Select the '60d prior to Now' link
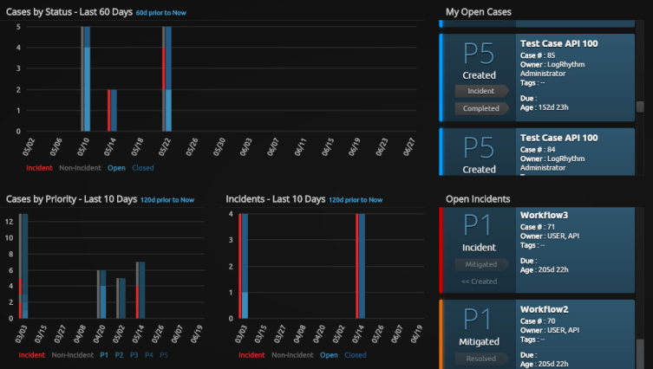(x=165, y=13)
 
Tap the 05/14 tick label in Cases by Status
(x=110, y=145)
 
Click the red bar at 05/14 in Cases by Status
(x=109, y=110)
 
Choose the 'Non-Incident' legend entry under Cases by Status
(x=80, y=168)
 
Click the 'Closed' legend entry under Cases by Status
(x=143, y=168)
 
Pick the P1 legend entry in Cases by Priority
(x=103, y=354)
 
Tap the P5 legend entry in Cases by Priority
(x=165, y=354)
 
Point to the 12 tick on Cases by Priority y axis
(x=9, y=221)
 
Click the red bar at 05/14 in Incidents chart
(x=357, y=265)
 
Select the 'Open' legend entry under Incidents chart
(x=329, y=354)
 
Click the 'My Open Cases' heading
(x=478, y=12)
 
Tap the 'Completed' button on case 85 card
(x=481, y=108)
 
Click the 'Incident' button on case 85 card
(x=481, y=90)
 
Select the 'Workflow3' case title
(x=544, y=215)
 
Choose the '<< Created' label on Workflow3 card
(x=480, y=282)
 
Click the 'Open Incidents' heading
(x=477, y=198)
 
